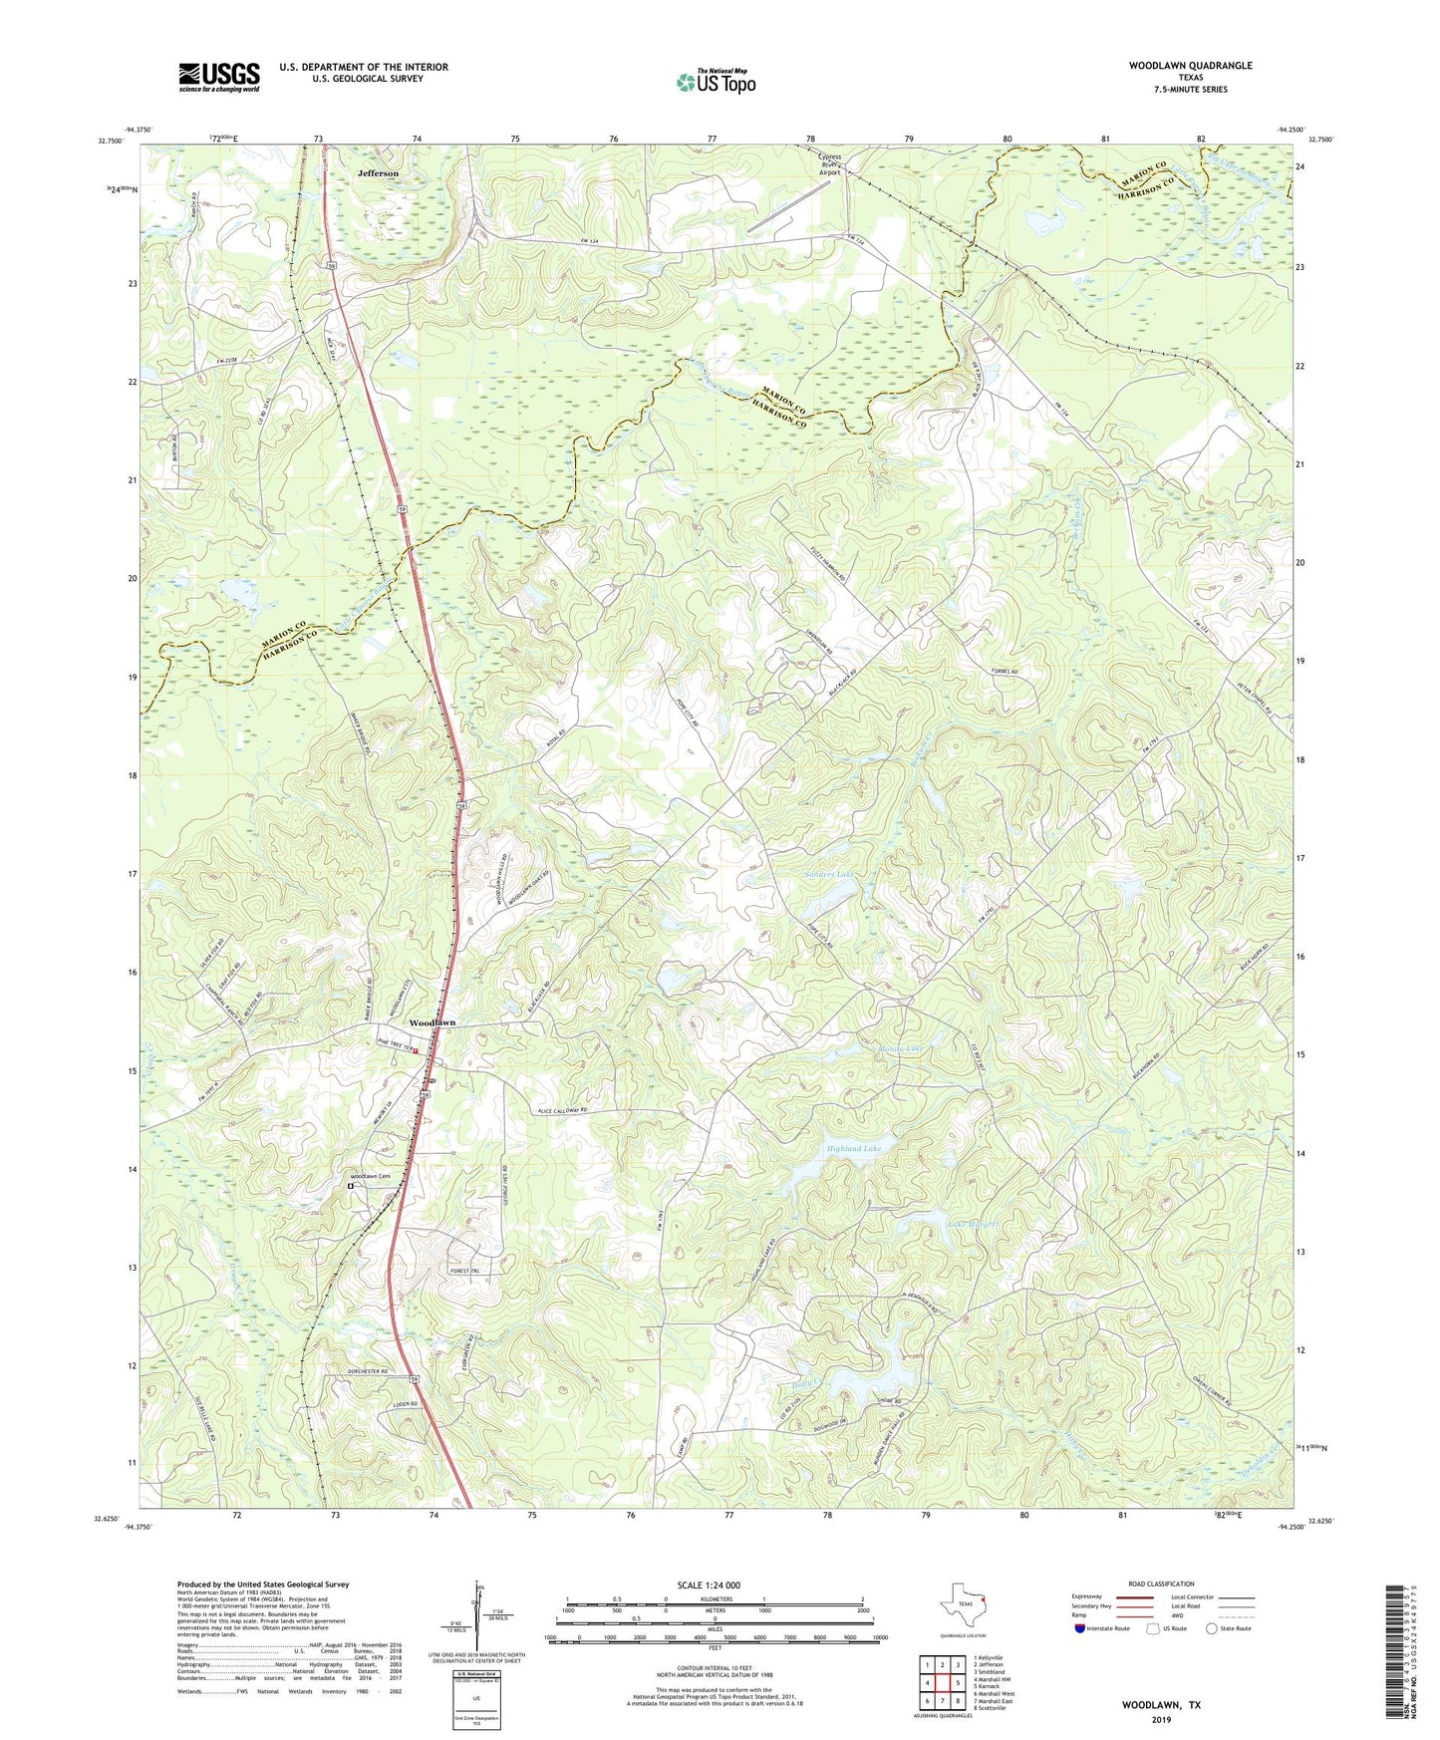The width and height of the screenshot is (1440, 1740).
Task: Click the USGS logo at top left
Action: (x=219, y=77)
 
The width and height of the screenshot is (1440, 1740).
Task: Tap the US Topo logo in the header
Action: (x=715, y=82)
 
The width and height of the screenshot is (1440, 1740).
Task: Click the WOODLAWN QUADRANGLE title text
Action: (x=1190, y=66)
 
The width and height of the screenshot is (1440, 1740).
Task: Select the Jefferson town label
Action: (x=378, y=173)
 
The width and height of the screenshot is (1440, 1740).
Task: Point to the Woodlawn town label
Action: (x=432, y=1023)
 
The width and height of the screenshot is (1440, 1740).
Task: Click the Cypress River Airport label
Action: (x=829, y=164)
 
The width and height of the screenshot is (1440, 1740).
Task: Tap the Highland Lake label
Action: (x=854, y=1149)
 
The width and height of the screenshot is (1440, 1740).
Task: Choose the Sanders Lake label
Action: (x=828, y=874)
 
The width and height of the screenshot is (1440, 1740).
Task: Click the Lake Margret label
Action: (x=972, y=1224)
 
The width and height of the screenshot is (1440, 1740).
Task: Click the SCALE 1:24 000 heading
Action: (x=709, y=1585)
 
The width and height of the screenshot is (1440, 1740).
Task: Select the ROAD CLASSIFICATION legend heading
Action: (x=1161, y=1584)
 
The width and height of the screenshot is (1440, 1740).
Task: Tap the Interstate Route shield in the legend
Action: (x=1081, y=1628)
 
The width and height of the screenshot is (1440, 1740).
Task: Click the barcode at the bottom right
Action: (x=1395, y=1654)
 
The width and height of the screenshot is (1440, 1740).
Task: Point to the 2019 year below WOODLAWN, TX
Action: (x=1161, y=1719)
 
